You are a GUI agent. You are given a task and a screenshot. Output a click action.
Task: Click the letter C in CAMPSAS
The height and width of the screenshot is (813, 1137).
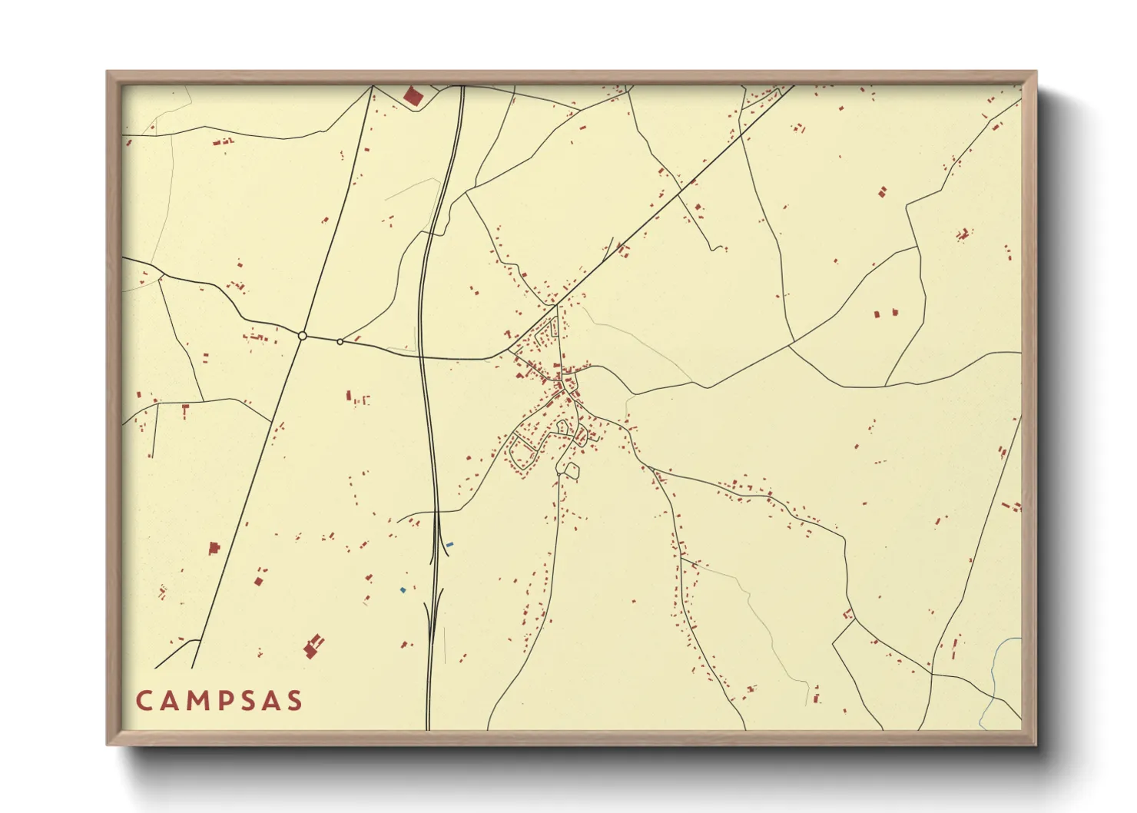point(144,701)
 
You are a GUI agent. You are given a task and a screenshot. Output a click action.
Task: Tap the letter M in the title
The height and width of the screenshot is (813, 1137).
point(197,701)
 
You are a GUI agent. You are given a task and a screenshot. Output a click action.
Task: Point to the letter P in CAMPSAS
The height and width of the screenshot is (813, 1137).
point(224,701)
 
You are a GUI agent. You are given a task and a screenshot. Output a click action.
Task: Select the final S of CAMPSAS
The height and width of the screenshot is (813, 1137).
point(293,701)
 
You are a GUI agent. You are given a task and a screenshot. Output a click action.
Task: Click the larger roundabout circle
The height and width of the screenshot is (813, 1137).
point(303,336)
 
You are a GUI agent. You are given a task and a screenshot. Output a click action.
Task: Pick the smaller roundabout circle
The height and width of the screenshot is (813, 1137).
point(340,342)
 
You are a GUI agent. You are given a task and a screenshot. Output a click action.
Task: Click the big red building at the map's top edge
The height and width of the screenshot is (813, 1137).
point(413,97)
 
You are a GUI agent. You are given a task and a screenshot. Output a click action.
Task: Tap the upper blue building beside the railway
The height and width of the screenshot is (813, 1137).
point(449,545)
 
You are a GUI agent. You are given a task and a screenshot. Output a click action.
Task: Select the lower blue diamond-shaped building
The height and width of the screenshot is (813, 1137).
point(403,590)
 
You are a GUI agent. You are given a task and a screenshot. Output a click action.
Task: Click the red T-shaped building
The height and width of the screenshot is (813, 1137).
point(185,409)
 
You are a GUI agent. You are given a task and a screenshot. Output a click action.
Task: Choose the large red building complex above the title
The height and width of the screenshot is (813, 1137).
point(313,647)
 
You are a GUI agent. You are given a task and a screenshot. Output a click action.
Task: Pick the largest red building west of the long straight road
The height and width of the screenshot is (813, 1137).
point(214,548)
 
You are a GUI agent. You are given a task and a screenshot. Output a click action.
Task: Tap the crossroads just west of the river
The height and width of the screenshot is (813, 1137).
point(932,674)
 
